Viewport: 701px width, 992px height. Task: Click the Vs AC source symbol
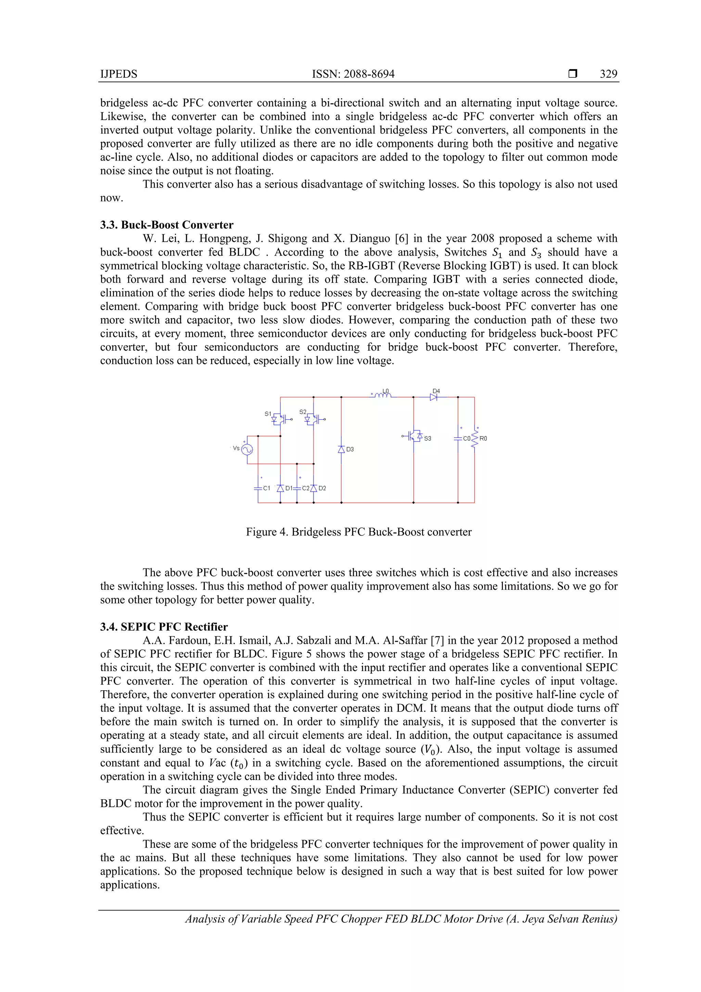(x=247, y=449)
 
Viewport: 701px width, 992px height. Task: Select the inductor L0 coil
(x=382, y=394)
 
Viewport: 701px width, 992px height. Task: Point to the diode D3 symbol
(x=341, y=449)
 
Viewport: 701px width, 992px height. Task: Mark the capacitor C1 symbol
(x=258, y=488)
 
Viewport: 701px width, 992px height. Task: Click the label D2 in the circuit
(x=322, y=488)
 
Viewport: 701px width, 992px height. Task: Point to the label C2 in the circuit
(x=305, y=488)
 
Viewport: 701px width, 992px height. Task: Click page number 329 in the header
(x=608, y=74)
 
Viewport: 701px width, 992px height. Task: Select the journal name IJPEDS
(x=119, y=74)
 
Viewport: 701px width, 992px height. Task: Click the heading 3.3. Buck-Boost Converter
(x=167, y=225)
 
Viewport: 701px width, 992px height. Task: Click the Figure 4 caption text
(x=358, y=532)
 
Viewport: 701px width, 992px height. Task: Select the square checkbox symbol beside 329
(x=573, y=74)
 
